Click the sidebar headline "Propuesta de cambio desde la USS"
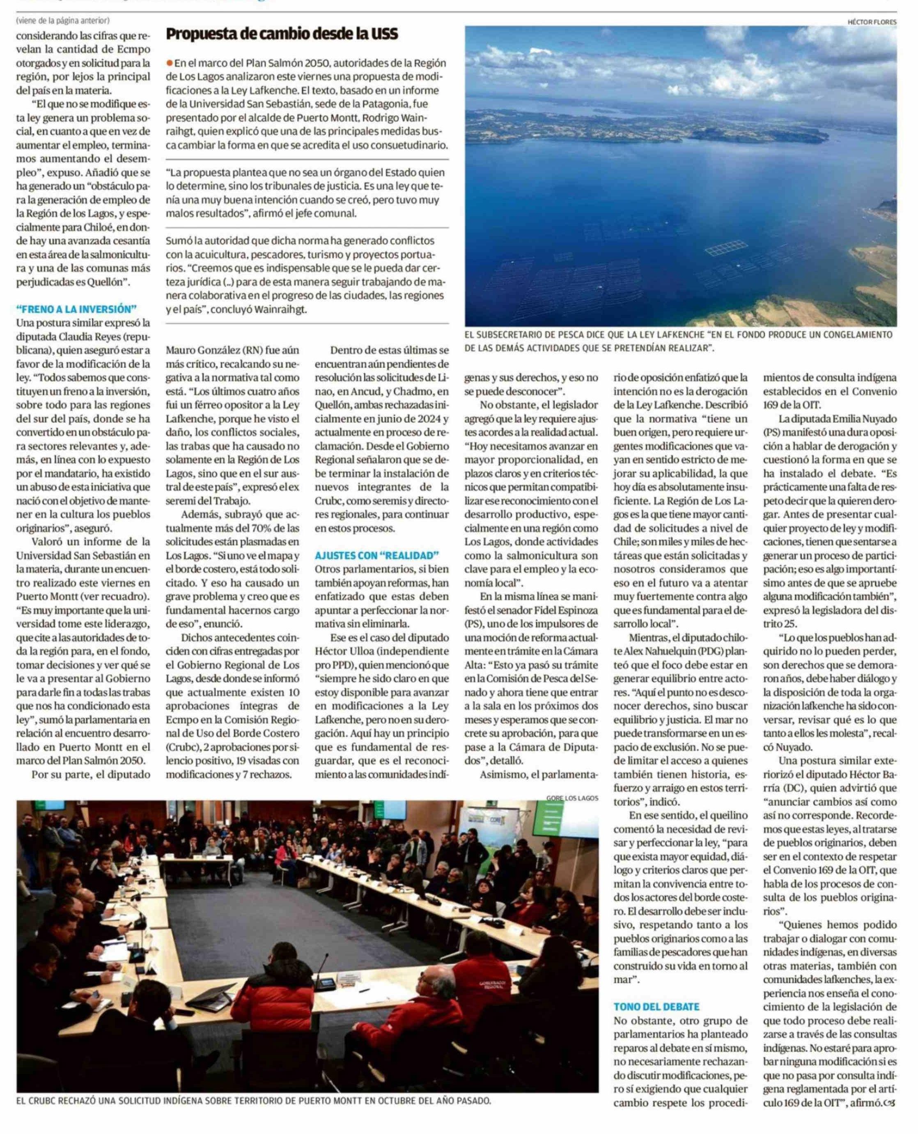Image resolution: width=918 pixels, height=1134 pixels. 281,35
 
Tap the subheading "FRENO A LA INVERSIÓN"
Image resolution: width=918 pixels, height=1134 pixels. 76,309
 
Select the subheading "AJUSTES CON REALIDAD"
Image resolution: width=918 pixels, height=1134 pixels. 376,555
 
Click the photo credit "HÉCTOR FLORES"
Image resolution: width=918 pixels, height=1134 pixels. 872,22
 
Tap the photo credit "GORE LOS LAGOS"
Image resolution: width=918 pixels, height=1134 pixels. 572,798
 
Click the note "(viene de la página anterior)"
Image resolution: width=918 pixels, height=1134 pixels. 63,21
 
